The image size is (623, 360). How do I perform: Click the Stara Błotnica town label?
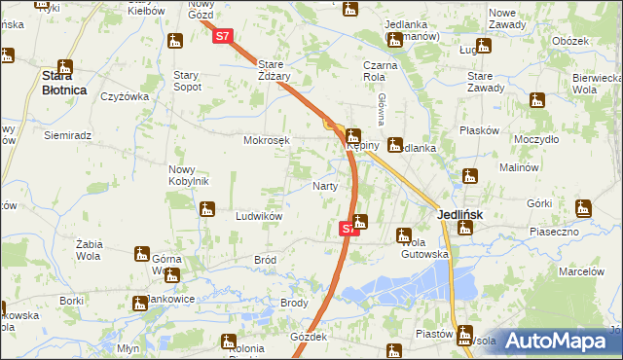point(63,83)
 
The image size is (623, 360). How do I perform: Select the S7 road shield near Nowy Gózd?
point(223,37)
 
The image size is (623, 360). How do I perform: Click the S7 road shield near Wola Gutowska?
point(349,229)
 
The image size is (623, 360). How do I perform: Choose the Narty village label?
point(325,186)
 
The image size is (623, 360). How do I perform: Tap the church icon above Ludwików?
point(206,208)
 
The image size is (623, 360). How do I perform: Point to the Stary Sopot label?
point(187,81)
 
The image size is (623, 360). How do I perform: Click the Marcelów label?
point(581,271)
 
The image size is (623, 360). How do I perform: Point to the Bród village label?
point(265,261)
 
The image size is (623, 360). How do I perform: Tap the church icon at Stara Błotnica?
point(65,67)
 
